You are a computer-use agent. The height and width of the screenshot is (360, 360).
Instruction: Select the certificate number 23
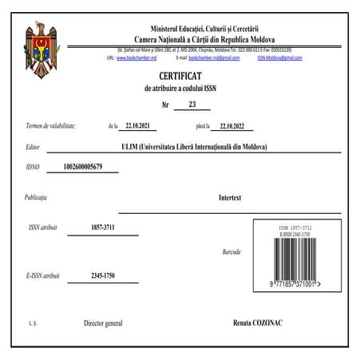point(192,105)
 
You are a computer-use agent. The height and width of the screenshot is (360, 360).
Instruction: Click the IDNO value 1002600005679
point(89,168)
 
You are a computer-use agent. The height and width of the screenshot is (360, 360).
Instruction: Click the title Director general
point(103,323)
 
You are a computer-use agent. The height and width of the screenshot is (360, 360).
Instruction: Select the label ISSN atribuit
point(45,228)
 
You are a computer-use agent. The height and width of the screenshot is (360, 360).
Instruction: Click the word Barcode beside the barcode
point(231,251)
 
